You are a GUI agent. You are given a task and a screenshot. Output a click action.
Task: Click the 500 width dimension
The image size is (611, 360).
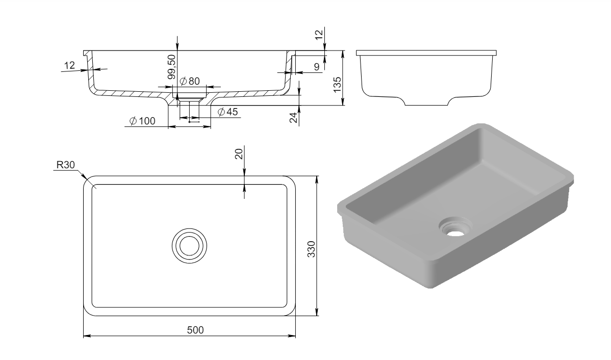(195, 330)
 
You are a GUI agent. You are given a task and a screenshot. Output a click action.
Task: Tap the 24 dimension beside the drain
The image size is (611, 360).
(293, 117)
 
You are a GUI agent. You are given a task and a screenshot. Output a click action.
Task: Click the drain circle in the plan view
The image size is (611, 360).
(189, 245)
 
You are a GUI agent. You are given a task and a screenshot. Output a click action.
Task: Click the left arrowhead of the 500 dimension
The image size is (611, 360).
(85, 336)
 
